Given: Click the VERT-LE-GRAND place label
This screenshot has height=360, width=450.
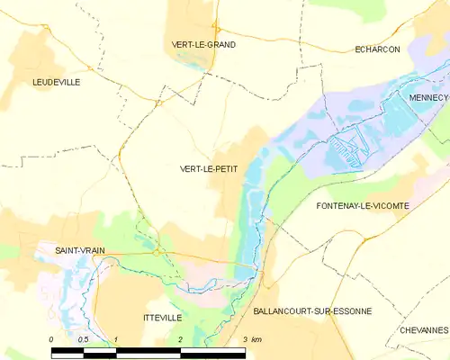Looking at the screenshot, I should [x=203, y=44].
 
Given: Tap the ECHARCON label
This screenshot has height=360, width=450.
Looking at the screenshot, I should [x=377, y=49].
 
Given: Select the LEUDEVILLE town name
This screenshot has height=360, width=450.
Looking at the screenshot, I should [x=56, y=82].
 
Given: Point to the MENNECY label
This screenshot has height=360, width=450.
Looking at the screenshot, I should [x=427, y=96].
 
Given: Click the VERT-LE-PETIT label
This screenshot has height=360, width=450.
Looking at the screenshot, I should [x=209, y=168].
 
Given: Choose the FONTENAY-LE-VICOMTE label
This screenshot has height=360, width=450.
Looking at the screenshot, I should [x=363, y=206].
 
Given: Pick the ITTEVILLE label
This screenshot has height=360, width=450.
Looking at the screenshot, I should [x=162, y=318].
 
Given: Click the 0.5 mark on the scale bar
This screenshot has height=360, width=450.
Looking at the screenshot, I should [x=83, y=339].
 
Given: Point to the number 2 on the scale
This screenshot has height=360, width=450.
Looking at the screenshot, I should [x=181, y=339].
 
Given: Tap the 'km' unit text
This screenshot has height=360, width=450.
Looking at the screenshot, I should [x=256, y=339].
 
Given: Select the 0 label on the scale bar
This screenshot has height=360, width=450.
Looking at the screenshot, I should [x=51, y=339].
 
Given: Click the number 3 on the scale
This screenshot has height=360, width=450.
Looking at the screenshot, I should [x=245, y=339].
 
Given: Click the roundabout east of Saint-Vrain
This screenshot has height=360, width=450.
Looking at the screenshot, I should [x=156, y=253].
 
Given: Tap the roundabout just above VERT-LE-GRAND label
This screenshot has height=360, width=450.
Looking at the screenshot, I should [x=217, y=29].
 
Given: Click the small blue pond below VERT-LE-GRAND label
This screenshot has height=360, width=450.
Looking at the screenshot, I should [x=191, y=62].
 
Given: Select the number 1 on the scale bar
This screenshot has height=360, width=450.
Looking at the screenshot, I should [x=116, y=339].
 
